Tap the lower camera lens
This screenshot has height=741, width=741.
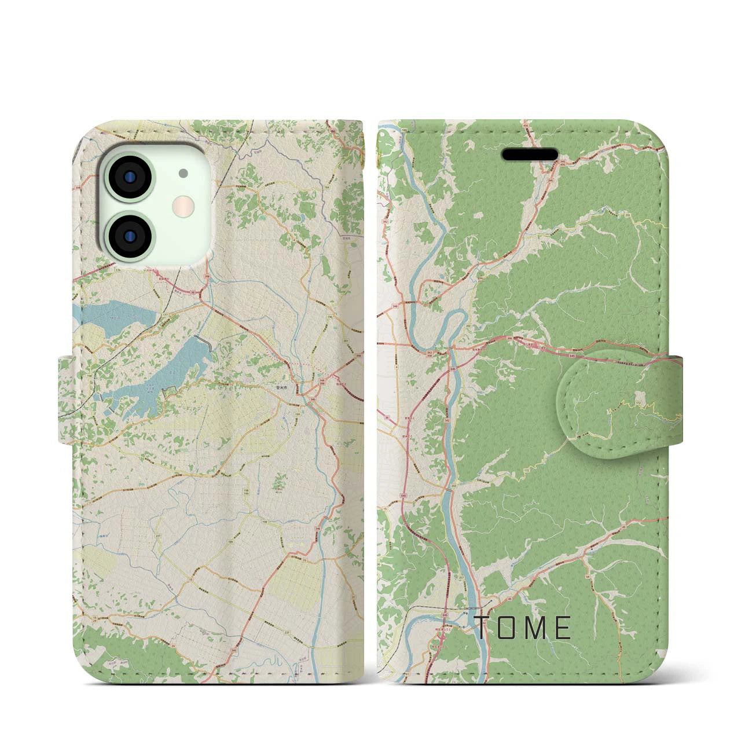[130, 234]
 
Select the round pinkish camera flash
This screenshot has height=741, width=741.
[184, 204]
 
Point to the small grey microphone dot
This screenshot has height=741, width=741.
[184, 173]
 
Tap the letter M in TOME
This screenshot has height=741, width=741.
[535, 628]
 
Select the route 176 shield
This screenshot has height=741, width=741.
[102, 270]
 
